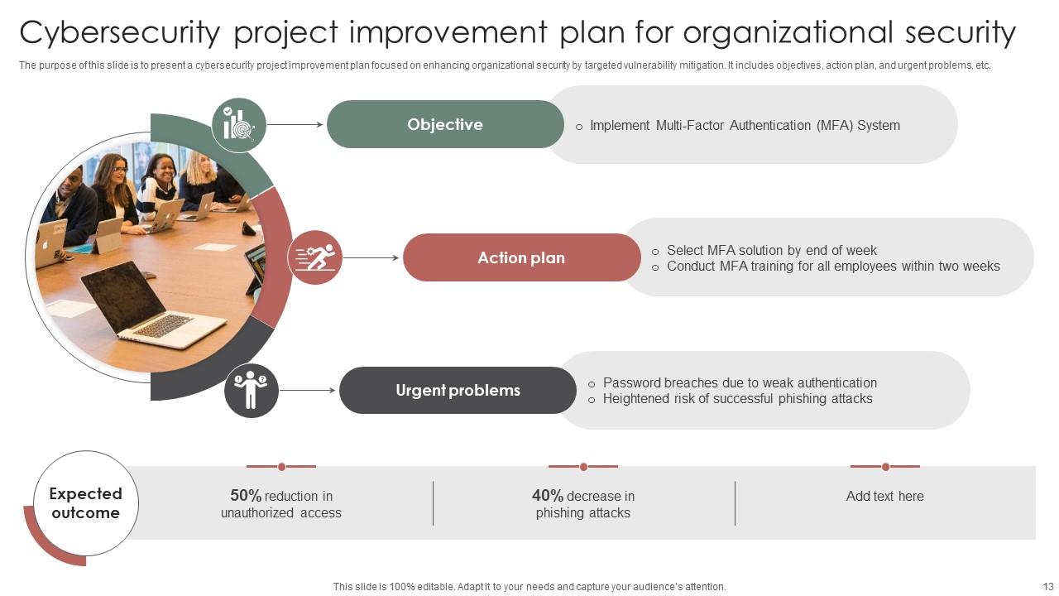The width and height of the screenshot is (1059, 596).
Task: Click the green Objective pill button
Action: [x=445, y=124]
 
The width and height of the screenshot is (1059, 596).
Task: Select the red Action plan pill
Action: [x=521, y=257]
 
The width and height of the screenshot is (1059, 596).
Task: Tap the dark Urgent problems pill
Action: [x=458, y=390]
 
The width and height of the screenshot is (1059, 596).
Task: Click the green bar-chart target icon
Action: [x=238, y=125]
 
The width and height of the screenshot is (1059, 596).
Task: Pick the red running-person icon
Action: [x=315, y=257]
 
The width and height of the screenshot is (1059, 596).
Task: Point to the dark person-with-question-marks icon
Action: [x=251, y=390]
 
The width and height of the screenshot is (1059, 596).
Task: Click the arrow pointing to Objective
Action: [x=295, y=125]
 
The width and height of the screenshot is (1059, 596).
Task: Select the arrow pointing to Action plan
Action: [x=371, y=257]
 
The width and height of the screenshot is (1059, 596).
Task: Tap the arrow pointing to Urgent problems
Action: [x=307, y=390]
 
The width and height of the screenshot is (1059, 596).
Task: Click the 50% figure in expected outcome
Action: [x=246, y=496]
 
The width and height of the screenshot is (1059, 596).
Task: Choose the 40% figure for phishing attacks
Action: [x=548, y=496]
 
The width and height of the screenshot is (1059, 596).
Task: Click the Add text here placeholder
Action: [x=884, y=496]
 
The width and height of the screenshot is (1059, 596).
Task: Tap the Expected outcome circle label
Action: [x=85, y=503]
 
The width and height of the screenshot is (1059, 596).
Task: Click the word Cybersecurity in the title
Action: [x=120, y=33]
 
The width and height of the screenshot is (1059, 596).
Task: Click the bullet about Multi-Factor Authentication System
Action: [x=745, y=126]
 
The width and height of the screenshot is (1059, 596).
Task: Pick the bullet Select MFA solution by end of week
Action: [x=771, y=250]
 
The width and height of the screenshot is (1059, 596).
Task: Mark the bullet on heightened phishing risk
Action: [x=737, y=399]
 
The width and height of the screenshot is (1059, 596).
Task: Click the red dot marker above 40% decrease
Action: [x=583, y=467]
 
